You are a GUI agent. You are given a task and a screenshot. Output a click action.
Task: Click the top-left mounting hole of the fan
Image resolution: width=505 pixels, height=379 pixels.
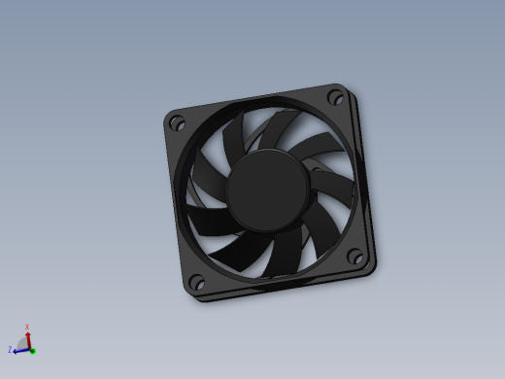pyautogui.click(x=177, y=123)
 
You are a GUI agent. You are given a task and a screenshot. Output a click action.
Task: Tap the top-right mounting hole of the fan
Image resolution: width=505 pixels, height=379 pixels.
pyautogui.click(x=336, y=96)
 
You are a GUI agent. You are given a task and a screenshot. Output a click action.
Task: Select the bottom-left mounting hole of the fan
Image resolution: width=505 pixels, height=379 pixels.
pyautogui.click(x=196, y=282)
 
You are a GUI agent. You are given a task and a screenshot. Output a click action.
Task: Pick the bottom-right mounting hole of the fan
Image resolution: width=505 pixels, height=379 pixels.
pyautogui.click(x=356, y=258)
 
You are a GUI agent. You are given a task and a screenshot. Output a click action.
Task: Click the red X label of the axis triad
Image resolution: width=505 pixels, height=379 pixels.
pyautogui.click(x=27, y=327)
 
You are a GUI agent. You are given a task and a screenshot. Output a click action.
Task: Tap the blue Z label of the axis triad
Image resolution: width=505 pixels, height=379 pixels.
pyautogui.click(x=9, y=349)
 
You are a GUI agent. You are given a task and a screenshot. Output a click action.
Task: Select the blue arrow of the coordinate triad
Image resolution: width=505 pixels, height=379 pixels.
pyautogui.click(x=19, y=349)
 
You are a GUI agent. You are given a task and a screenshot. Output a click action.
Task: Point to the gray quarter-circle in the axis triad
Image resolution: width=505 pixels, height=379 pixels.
pyautogui.click(x=23, y=343)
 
